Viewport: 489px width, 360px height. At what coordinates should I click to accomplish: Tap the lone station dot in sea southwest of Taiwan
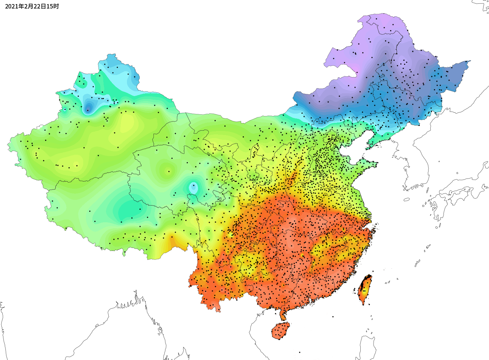pyautogui.click(x=333, y=317)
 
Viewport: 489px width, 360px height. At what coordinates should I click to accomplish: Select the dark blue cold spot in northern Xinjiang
pyautogui.click(x=88, y=108)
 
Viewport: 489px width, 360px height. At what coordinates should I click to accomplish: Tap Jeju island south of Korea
pyautogui.click(x=406, y=200)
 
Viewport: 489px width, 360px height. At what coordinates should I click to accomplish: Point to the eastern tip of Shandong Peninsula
pyautogui.click(x=376, y=164)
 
